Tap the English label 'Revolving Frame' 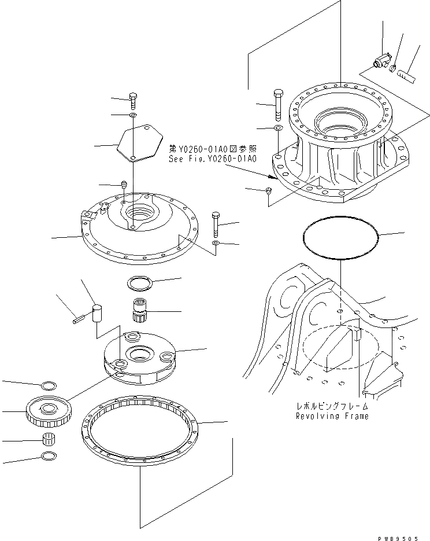332,416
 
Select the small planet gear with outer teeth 49,411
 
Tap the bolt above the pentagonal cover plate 133,101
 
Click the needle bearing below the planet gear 50,440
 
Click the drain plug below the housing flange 269,190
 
